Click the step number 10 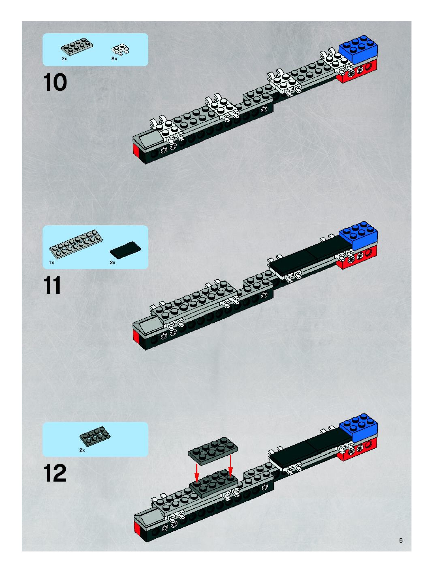[x=55, y=82]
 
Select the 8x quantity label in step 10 [x=114, y=59]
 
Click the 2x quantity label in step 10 [x=64, y=59]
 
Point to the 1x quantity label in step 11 [x=51, y=263]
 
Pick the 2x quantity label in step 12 [x=82, y=450]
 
